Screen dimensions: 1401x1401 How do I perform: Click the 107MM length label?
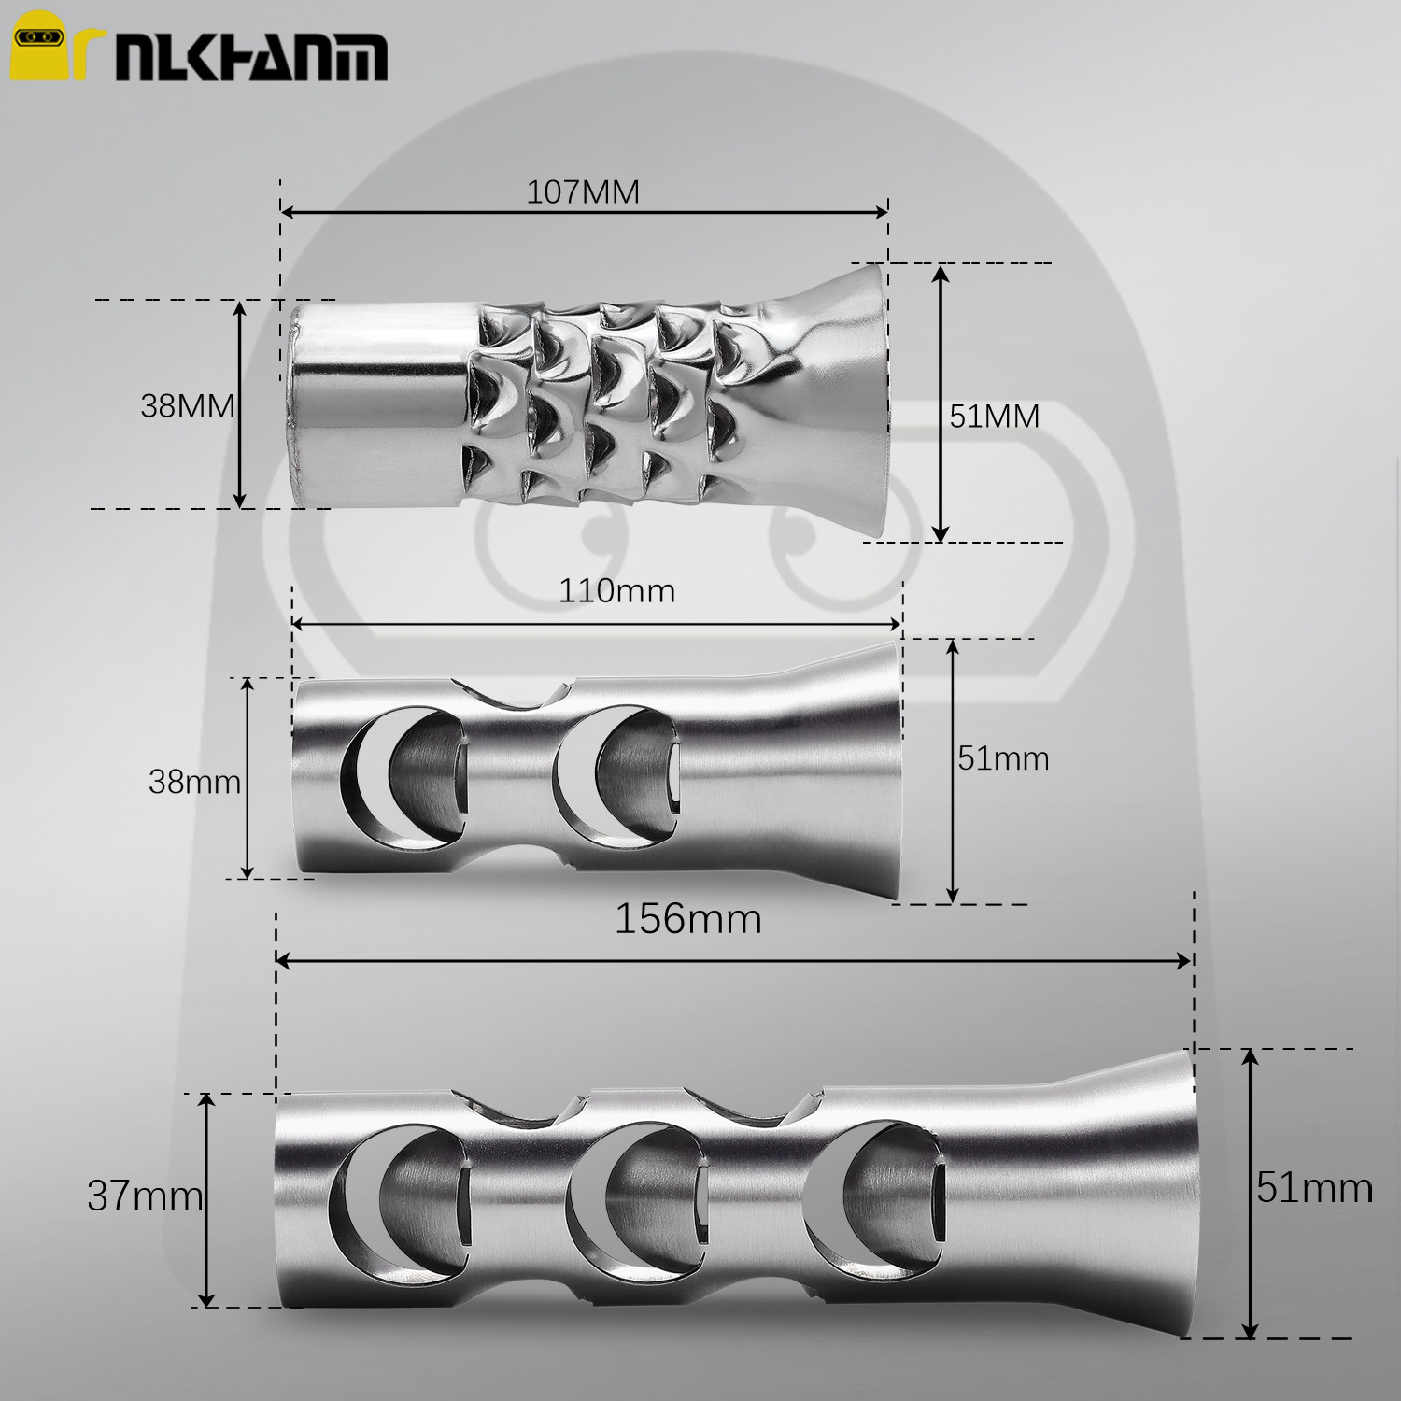583,191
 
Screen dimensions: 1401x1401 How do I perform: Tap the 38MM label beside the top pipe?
187,406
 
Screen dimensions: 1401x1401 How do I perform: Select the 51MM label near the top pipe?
995,416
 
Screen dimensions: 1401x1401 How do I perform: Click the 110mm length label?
616,590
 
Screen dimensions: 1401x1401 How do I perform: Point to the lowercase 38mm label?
194,781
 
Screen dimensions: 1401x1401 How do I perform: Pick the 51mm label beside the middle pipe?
1003,757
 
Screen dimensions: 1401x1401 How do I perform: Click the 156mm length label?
687,919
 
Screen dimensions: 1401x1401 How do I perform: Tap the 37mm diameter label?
145,1196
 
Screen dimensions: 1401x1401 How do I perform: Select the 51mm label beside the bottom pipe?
1314,1187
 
